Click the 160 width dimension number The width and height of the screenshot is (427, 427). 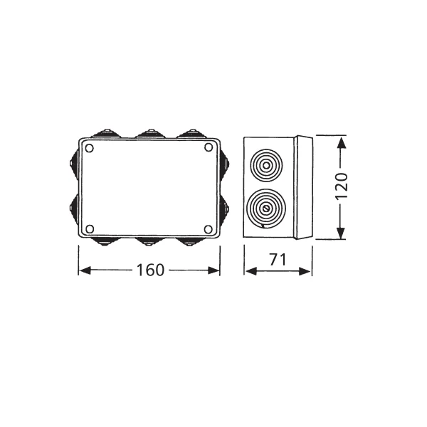(150, 270)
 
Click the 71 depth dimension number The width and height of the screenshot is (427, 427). (278, 260)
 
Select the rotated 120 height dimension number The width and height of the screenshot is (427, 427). (341, 186)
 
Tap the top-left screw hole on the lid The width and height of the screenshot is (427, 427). (90, 149)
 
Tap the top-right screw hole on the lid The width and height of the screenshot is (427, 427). (209, 147)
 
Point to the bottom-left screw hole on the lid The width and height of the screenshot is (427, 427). (90, 229)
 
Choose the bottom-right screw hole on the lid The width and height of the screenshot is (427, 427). (208, 229)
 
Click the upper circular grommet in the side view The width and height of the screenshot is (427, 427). (266, 165)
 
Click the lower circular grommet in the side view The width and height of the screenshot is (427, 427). (266, 209)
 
